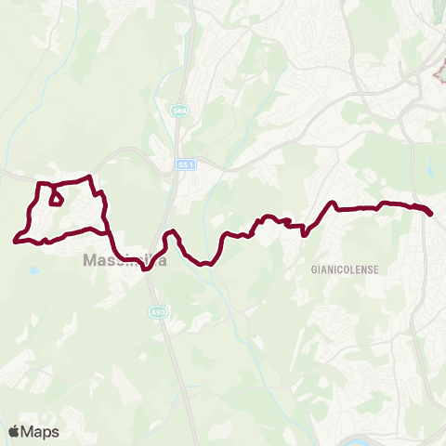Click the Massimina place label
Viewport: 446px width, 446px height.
click(x=125, y=261)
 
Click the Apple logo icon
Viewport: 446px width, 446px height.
click(x=15, y=431)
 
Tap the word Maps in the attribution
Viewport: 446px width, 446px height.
click(x=41, y=431)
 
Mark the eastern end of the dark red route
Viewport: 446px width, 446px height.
click(x=432, y=214)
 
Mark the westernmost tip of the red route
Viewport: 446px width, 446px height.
click(x=15, y=242)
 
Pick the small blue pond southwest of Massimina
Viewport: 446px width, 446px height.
click(x=34, y=270)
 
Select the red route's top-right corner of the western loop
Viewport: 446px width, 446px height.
click(x=89, y=177)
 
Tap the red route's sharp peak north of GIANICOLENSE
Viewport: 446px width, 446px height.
click(x=331, y=202)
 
